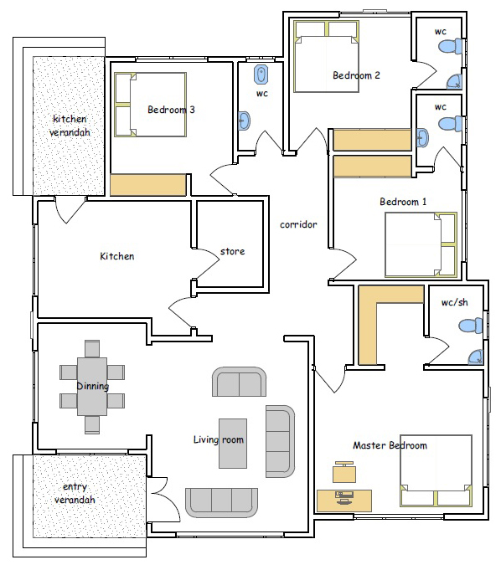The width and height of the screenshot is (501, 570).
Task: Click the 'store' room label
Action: (x=232, y=251)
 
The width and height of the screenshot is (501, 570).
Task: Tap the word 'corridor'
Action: (x=298, y=224)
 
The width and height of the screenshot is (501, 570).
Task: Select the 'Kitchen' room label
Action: (x=116, y=256)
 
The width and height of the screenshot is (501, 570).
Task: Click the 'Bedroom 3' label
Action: (x=171, y=110)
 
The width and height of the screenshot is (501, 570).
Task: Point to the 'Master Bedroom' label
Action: (x=390, y=445)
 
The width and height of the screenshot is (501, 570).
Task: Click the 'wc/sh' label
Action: (x=454, y=302)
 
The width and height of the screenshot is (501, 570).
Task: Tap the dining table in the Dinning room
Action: (x=92, y=387)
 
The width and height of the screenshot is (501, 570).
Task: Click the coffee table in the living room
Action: (x=233, y=444)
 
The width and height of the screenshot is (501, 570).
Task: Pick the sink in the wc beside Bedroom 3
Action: (x=244, y=121)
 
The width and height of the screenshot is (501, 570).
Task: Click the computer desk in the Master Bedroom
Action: (x=344, y=501)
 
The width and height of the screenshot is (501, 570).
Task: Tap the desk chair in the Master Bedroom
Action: (x=344, y=472)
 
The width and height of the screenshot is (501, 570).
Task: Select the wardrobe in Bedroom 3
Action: (x=148, y=185)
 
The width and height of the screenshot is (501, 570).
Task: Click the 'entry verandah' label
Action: (x=75, y=493)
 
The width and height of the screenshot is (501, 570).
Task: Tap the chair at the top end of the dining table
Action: (x=92, y=349)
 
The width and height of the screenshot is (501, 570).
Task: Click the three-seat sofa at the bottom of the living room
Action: (x=221, y=503)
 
